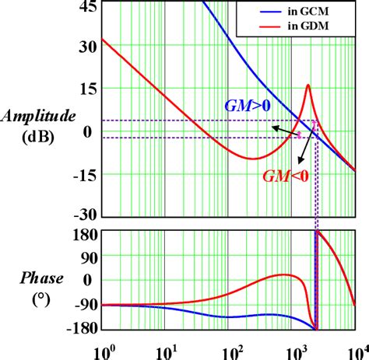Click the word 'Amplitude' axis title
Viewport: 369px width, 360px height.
[x=39, y=116]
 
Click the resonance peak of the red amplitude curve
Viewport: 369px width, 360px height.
[x=308, y=85]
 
